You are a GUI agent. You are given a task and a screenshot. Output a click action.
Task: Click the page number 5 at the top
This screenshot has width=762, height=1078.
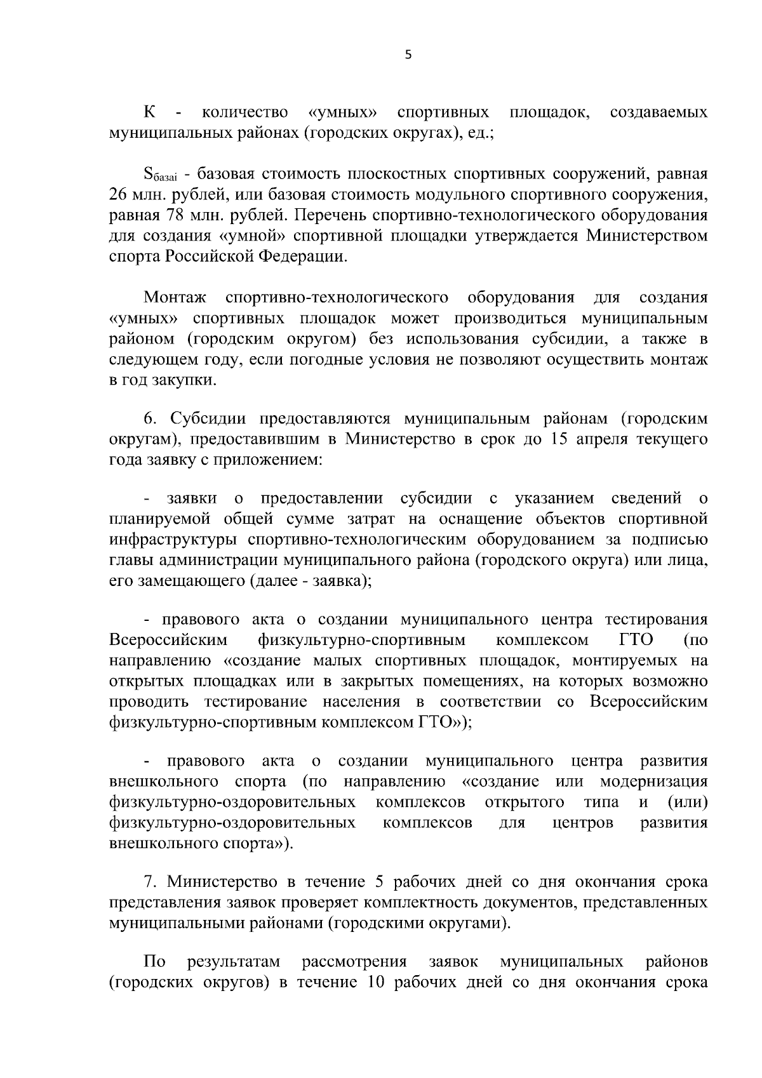[x=408, y=55]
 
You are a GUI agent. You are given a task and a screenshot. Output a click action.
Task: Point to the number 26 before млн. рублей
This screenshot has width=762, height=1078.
[x=119, y=194]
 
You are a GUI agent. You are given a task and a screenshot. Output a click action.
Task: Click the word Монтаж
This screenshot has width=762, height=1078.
[x=171, y=298]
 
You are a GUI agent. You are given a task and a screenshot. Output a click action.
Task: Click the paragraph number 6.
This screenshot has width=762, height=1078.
[x=150, y=420]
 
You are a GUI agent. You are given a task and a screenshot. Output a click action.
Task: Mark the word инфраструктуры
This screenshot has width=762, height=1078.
[x=175, y=540]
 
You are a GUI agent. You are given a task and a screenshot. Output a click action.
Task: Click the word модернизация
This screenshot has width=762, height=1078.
[x=653, y=781]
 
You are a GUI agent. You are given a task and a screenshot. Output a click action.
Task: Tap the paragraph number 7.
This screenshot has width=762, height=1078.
[x=150, y=882]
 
